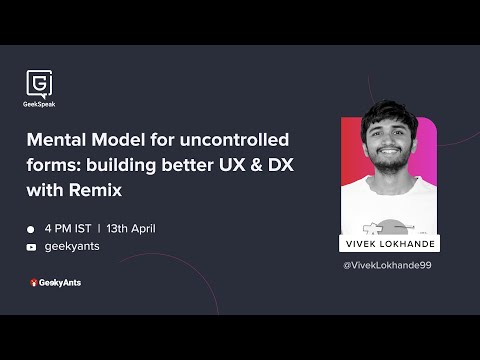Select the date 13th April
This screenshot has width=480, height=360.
pyautogui.click(x=130, y=228)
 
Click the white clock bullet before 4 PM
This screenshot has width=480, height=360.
pyautogui.click(x=31, y=229)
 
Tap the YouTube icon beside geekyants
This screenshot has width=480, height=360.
pyautogui.click(x=31, y=246)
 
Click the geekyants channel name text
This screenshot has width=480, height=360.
pyautogui.click(x=73, y=246)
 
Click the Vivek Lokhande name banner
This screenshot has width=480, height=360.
pyautogui.click(x=392, y=244)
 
